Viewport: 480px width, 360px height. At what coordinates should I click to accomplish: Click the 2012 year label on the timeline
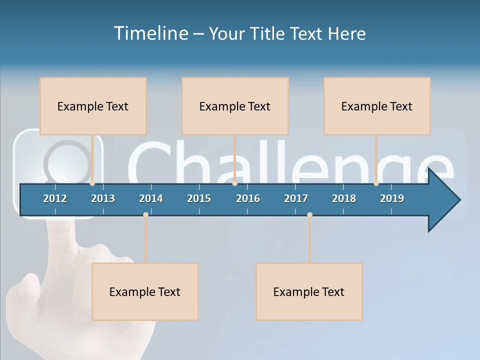tap(55, 198)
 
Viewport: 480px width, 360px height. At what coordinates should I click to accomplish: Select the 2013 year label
tap(103, 198)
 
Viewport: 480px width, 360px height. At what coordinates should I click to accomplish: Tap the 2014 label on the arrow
tap(151, 198)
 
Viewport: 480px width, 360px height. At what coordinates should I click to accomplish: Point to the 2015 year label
tap(199, 198)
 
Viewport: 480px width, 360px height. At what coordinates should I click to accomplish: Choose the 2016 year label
tap(248, 198)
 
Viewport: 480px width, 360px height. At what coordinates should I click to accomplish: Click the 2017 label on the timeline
tap(296, 198)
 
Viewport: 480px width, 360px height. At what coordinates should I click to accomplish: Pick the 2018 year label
tap(344, 198)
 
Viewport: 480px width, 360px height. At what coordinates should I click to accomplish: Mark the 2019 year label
tap(392, 198)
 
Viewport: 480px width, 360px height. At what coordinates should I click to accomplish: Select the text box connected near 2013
tap(93, 106)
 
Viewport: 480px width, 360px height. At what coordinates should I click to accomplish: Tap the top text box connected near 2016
tap(235, 106)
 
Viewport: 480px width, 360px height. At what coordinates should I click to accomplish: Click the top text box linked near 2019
tap(377, 106)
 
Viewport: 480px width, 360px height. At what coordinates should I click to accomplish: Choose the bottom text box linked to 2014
tap(145, 291)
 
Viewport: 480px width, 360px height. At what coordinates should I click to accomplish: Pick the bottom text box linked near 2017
tap(309, 291)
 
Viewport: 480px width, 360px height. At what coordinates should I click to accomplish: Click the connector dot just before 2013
tap(92, 183)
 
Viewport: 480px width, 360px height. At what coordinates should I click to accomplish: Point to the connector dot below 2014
tap(145, 214)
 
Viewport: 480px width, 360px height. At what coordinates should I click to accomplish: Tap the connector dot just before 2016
tap(234, 183)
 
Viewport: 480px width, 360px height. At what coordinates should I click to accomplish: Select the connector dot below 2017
tap(309, 214)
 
